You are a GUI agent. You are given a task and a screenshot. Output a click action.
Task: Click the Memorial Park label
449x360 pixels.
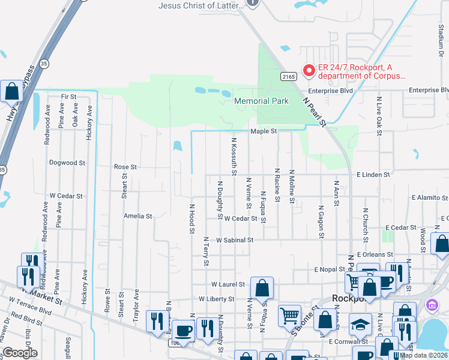(x=261, y=101)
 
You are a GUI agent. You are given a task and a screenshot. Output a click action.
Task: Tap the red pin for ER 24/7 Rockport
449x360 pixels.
(x=309, y=71)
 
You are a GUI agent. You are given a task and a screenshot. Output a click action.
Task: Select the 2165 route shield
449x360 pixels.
(x=289, y=76)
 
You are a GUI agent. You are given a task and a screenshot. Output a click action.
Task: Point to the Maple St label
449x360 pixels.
(x=263, y=131)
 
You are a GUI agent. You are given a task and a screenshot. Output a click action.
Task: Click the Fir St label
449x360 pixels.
(x=69, y=96)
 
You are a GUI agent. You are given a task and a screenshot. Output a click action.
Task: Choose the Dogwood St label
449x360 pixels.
(x=67, y=163)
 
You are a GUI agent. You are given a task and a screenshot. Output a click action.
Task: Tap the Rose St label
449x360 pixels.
(x=125, y=167)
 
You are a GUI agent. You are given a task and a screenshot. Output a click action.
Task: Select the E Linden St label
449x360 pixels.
(x=373, y=175)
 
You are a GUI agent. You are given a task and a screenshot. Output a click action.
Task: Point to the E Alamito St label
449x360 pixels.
(x=430, y=197)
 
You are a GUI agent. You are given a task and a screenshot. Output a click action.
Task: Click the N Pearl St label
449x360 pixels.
(x=313, y=112)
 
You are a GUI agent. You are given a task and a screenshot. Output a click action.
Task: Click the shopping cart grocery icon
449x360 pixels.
(x=289, y=315)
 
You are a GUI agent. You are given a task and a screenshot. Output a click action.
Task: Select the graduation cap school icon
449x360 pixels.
(x=360, y=324)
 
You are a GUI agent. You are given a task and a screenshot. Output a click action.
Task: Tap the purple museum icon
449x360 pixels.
(x=431, y=305)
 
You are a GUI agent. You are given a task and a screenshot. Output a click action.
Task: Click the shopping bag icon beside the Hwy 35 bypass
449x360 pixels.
(x=11, y=91)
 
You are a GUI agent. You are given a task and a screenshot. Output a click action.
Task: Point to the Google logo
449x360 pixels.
(x=20, y=353)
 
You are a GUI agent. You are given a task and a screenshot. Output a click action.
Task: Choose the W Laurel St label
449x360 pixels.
(x=228, y=284)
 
